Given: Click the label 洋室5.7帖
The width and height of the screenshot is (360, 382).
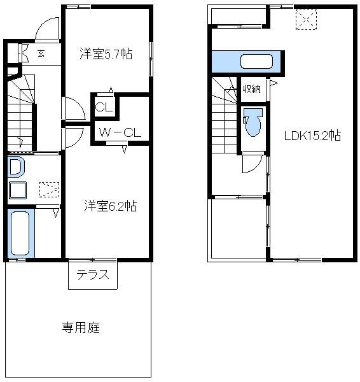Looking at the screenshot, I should click(106, 54).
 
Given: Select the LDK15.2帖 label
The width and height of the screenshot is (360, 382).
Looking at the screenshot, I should click(312, 136).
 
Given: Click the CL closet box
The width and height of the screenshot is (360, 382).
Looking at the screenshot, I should click(104, 106).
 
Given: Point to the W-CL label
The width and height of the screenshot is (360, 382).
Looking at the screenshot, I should click(120, 132).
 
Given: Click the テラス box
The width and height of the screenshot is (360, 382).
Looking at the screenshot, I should click(93, 276).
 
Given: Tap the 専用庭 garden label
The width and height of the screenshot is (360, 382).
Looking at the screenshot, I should click(80, 329).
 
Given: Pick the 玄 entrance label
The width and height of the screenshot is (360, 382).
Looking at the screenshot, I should click(40, 53).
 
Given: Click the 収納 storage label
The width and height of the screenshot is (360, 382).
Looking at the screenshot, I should click(251, 89).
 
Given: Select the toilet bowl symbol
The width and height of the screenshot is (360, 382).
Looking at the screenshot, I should click(253, 123).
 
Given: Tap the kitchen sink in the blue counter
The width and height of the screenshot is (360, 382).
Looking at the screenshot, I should click(256, 62).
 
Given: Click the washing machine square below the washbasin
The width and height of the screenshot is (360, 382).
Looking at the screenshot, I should click(17, 190).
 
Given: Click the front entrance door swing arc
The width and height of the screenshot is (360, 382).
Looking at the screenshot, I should click(46, 29).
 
